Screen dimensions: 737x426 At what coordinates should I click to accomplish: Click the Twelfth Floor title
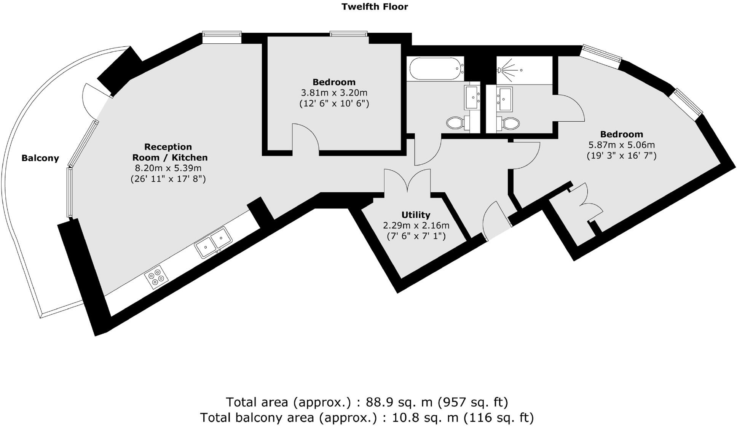tap(375, 7)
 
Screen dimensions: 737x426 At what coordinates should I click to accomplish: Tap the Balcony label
tap(40, 158)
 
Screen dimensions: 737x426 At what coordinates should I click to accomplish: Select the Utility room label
tap(416, 215)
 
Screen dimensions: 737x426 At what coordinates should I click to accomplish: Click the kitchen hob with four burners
tap(156, 277)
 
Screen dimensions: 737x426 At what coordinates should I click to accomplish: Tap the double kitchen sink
tap(213, 242)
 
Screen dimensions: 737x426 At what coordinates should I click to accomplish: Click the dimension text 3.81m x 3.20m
tap(334, 93)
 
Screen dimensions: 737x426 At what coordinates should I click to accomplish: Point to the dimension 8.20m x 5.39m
tap(168, 168)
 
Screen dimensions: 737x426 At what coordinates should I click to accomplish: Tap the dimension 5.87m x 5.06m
tap(622, 145)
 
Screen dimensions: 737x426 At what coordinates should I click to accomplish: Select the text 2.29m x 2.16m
tap(416, 225)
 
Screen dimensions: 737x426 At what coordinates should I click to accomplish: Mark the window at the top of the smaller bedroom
tap(349, 34)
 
